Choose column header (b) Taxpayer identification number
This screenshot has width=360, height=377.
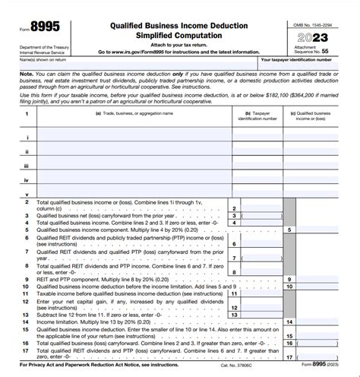coord(254,116)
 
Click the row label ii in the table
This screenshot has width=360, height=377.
coord(27,151)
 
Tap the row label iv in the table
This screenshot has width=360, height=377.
coord(27,179)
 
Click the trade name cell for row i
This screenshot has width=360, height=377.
coord(133,138)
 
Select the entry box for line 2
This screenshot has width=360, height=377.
coord(254,208)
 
